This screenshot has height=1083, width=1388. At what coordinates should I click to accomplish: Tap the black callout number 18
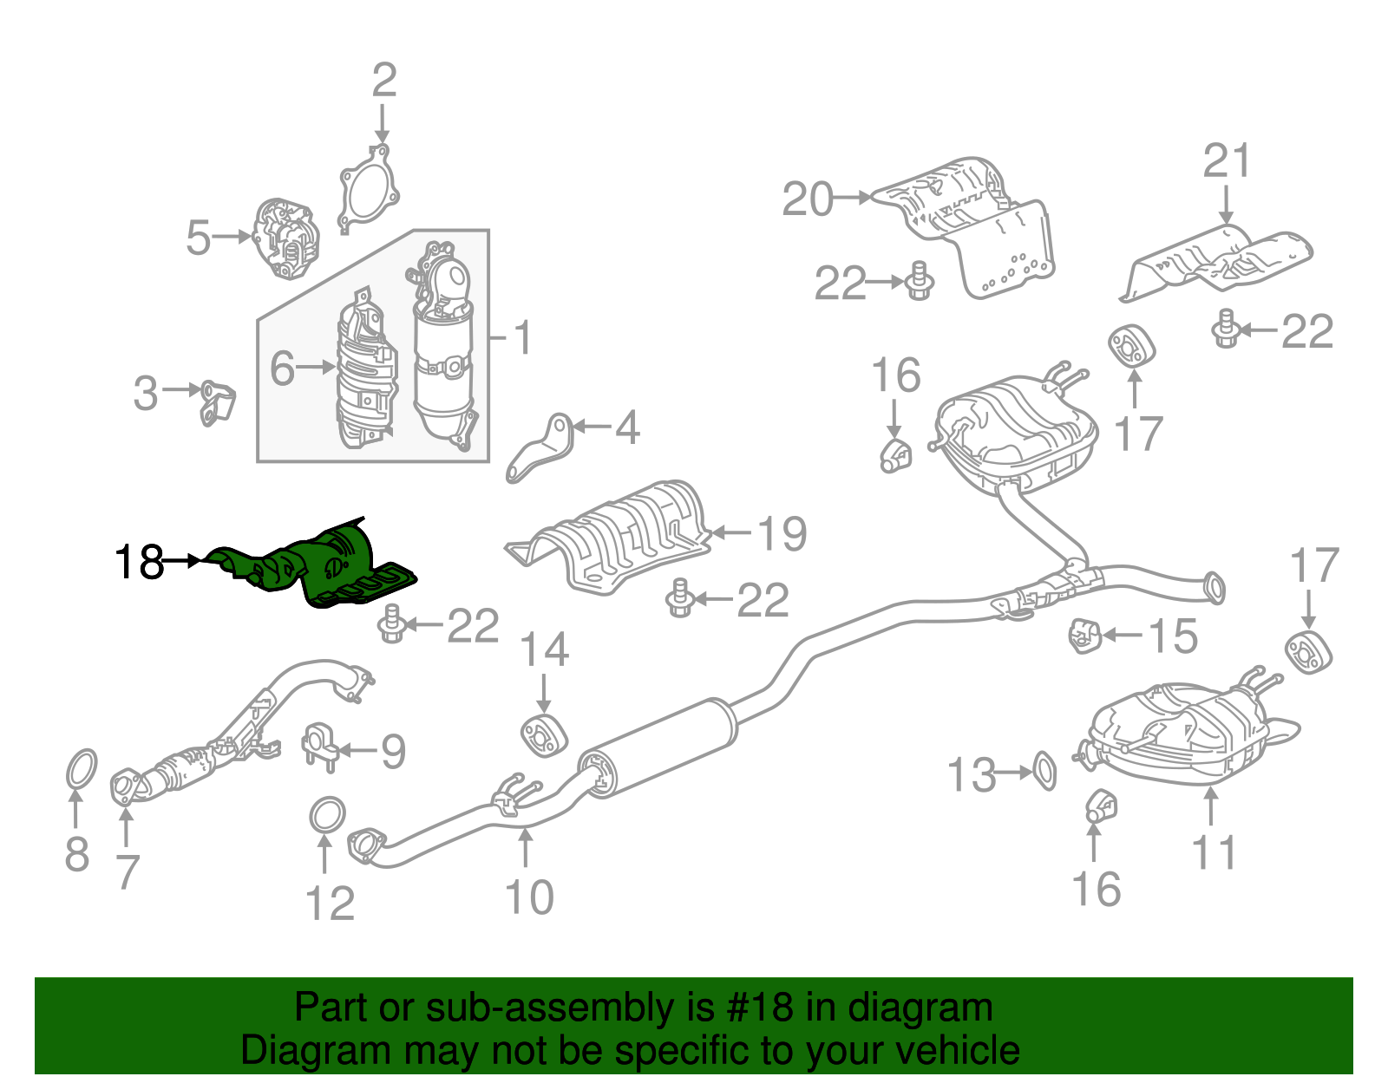(x=139, y=563)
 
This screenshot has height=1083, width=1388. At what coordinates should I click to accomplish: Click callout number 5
(x=199, y=237)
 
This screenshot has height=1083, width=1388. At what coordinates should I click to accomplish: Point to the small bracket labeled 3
(x=217, y=403)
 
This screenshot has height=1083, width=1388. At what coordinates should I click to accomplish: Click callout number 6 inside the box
(x=283, y=368)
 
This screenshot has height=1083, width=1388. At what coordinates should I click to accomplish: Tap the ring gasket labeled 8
(x=81, y=771)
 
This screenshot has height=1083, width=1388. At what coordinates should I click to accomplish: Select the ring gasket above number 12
(x=327, y=815)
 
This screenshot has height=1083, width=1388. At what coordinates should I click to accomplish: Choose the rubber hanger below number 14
(x=544, y=735)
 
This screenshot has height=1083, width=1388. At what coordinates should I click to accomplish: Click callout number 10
(x=528, y=897)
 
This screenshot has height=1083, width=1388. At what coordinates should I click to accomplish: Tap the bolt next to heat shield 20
(x=919, y=282)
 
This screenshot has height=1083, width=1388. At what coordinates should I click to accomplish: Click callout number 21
(x=1227, y=161)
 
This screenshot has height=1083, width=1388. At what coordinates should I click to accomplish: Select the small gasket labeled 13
(x=1045, y=771)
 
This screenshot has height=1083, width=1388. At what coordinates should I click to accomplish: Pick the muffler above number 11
(x=1180, y=733)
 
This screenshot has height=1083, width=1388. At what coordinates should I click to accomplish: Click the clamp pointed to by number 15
(x=1084, y=636)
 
